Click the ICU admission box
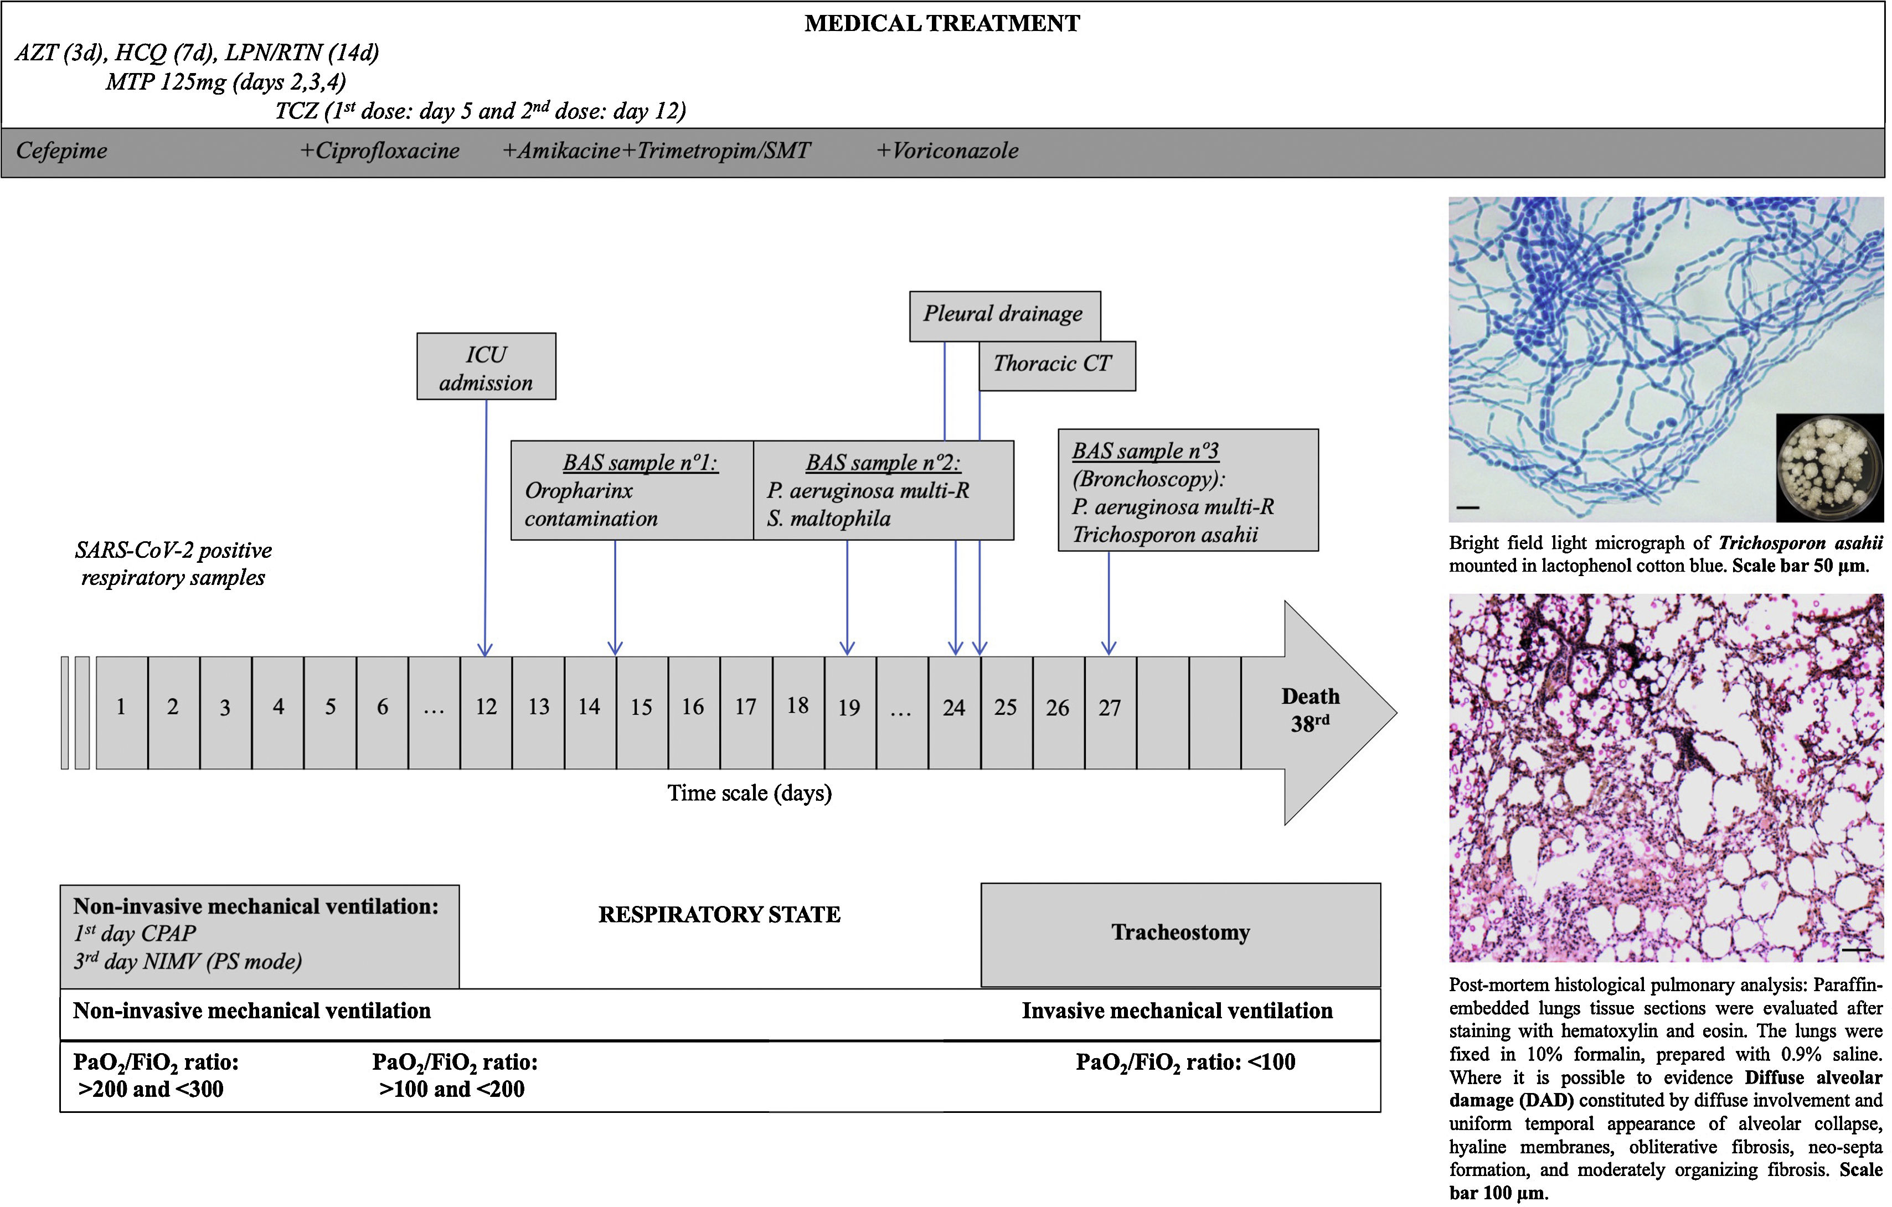[486, 367]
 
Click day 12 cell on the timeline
[486, 708]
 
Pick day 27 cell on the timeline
[1110, 708]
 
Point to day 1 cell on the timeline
[121, 708]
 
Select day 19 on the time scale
[849, 708]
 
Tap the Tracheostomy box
[1180, 933]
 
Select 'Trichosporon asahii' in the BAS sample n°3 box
[1164, 536]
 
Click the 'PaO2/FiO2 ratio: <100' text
[1185, 1063]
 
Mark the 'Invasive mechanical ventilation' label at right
[1177, 1012]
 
